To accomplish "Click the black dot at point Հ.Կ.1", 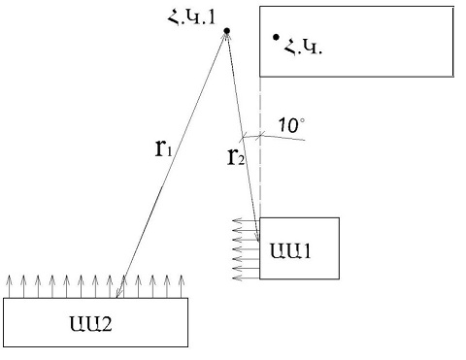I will [226, 32].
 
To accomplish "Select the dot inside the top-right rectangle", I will [277, 39].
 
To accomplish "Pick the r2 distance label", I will [236, 156].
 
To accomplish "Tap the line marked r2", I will [243, 136].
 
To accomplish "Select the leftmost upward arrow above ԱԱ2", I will [10, 285].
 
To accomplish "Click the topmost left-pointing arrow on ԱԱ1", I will [248, 226].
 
